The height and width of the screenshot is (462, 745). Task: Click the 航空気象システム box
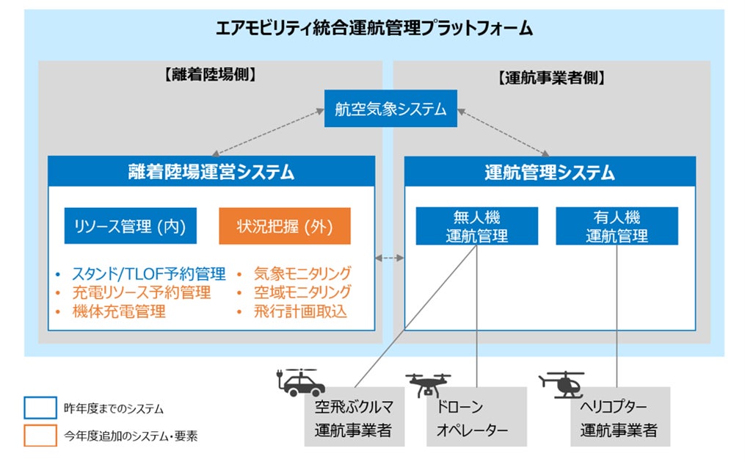(390, 109)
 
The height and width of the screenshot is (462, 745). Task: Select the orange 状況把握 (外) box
(285, 225)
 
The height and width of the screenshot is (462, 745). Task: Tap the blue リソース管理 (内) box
(130, 225)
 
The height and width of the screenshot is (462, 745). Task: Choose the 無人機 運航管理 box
(476, 226)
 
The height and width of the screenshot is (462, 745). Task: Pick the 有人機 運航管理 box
(617, 226)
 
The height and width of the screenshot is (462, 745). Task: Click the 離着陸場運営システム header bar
(211, 171)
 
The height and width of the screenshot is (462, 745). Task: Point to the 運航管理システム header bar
(550, 172)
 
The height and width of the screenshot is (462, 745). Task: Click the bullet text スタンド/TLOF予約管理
(149, 274)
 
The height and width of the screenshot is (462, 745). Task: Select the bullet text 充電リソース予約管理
(142, 293)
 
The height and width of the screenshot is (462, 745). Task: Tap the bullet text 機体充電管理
(119, 312)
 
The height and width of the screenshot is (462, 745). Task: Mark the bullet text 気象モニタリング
(302, 274)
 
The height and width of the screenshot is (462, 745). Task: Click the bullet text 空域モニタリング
(302, 292)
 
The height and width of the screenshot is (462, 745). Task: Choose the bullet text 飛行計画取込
(300, 312)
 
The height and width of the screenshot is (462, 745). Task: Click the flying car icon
(299, 382)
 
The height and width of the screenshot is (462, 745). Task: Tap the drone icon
(428, 385)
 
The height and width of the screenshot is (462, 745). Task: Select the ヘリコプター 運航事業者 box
(620, 417)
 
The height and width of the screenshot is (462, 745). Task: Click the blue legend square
(40, 408)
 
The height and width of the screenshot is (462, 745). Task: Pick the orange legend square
(40, 436)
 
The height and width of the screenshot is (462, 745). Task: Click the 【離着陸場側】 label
(210, 75)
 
